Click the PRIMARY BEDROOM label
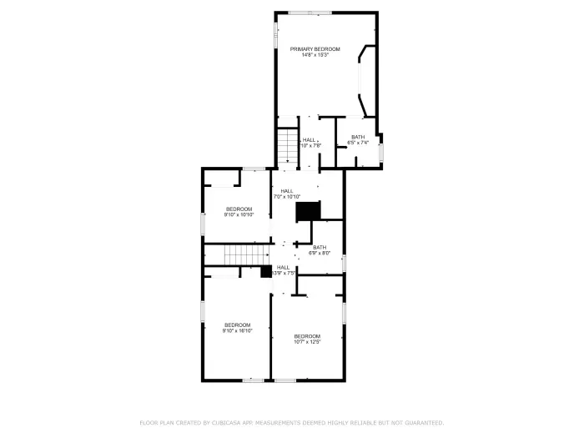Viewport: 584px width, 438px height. (315, 49)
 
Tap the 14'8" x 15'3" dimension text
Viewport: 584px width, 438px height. (315, 56)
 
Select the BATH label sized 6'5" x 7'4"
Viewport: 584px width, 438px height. (357, 137)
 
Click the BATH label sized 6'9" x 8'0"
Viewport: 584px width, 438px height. (320, 247)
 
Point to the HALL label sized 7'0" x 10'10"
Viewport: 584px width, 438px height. (287, 190)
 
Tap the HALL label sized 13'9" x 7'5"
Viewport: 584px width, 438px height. (284, 267)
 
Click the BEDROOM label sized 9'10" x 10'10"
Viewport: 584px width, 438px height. (238, 209)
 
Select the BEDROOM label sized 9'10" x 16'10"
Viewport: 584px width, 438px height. (237, 325)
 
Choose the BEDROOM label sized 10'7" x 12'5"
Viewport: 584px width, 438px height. (307, 336)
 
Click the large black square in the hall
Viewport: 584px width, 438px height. (309, 212)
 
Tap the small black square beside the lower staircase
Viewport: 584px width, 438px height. (266, 271)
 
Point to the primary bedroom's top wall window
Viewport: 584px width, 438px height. (310, 13)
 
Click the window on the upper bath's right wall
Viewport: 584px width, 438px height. (381, 153)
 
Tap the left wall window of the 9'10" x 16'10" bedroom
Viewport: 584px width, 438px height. (202, 312)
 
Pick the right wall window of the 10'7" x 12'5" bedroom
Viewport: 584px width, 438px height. (344, 312)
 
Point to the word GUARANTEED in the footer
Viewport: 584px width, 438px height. (417, 423)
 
